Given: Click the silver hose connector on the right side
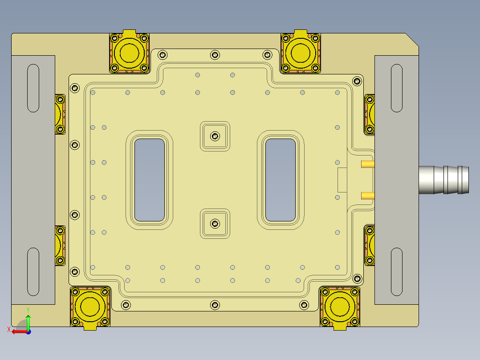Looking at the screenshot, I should (x=443, y=180).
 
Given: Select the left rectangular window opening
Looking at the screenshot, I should (x=149, y=180).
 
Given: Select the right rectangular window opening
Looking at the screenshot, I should (x=281, y=180).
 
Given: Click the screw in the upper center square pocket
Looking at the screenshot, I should (x=216, y=136).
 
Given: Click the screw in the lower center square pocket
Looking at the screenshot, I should (x=216, y=223).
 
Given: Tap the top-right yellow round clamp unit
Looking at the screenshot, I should (x=301, y=53).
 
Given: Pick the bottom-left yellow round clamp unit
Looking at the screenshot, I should (x=90, y=307).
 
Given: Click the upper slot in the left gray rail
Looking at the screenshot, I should (x=33, y=88).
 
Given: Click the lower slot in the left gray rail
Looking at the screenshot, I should (x=33, y=271).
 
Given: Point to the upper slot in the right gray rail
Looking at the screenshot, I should (x=397, y=88).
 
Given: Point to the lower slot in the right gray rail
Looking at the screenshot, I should (x=397, y=271).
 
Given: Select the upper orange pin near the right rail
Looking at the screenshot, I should (x=367, y=164).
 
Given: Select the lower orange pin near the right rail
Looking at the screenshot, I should (x=367, y=195).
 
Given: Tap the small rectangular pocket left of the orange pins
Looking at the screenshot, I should (x=342, y=180).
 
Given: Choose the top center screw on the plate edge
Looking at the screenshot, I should (x=216, y=55).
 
